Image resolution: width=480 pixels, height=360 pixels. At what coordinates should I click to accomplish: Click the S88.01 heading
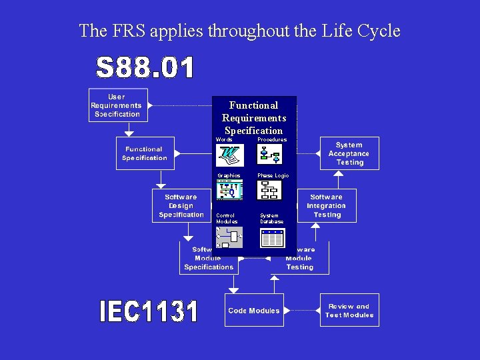pyautogui.click(x=145, y=68)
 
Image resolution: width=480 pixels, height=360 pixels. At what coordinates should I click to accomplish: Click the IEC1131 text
pyautogui.click(x=149, y=312)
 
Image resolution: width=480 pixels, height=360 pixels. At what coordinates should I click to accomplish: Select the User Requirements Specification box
pyautogui.click(x=117, y=105)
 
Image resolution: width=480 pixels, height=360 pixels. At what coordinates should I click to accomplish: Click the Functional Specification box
pyautogui.click(x=144, y=154)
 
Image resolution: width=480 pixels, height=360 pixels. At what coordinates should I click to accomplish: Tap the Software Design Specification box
pyautogui.click(x=181, y=206)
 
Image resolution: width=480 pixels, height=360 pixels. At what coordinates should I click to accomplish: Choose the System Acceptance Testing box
pyautogui.click(x=349, y=154)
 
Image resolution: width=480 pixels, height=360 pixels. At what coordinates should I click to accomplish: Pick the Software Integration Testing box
pyautogui.click(x=326, y=206)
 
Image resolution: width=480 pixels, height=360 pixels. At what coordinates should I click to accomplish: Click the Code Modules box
pyautogui.click(x=254, y=311)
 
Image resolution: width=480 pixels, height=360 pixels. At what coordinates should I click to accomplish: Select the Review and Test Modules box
pyautogui.click(x=349, y=311)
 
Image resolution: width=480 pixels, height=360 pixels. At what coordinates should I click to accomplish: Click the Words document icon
pyautogui.click(x=230, y=155)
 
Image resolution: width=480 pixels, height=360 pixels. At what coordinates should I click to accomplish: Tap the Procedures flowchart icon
pyautogui.click(x=270, y=155)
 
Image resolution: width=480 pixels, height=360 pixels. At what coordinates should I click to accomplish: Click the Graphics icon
pyautogui.click(x=230, y=191)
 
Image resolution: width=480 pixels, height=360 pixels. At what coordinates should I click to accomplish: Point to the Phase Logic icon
pyautogui.click(x=270, y=191)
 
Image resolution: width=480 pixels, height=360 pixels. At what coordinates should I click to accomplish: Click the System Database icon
pyautogui.click(x=272, y=238)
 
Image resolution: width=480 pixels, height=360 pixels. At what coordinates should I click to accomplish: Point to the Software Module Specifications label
pyautogui.click(x=209, y=258)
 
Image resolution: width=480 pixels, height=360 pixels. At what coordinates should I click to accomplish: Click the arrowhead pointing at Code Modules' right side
pyautogui.click(x=286, y=311)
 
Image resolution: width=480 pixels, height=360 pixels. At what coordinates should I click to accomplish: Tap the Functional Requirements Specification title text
pyautogui.click(x=253, y=118)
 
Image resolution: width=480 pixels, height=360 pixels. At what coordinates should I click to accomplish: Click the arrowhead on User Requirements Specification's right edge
pyautogui.click(x=151, y=105)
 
